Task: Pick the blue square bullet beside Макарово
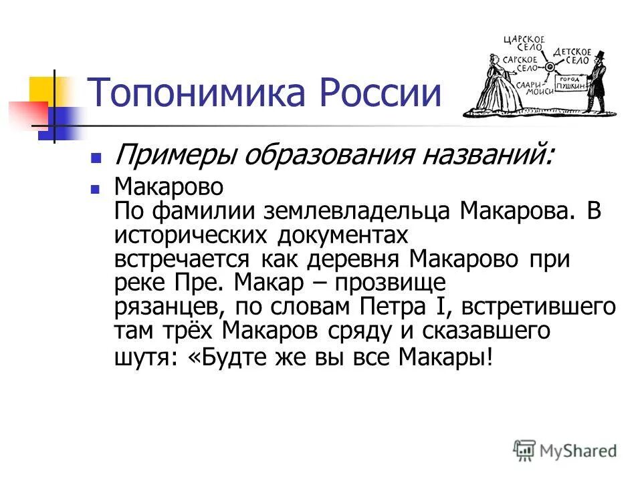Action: [x=96, y=188]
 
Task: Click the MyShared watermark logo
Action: [x=565, y=450]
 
